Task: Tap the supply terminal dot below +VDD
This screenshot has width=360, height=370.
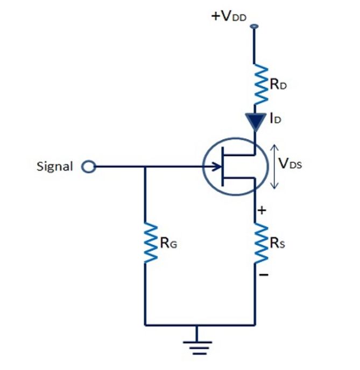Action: point(254,26)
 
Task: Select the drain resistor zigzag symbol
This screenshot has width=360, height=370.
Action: point(261,84)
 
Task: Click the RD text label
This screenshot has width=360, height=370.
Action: point(278,85)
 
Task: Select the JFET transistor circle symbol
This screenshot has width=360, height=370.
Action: point(235,166)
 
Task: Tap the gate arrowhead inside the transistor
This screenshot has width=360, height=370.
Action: point(217,166)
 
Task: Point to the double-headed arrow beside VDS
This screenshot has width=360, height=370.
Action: point(274,166)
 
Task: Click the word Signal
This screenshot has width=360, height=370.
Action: point(55,166)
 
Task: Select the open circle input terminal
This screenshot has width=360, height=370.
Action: point(87,167)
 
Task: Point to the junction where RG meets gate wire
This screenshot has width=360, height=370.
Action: point(145,167)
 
